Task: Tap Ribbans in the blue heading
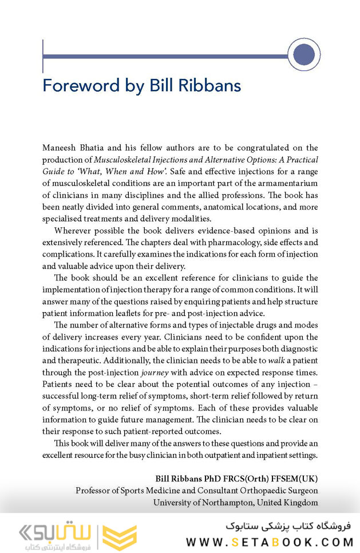pos(212,86)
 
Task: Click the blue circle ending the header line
pos(303,55)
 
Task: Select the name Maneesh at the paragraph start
pos(60,148)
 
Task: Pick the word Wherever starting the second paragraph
pos(73,231)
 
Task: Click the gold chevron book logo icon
pos(120,536)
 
